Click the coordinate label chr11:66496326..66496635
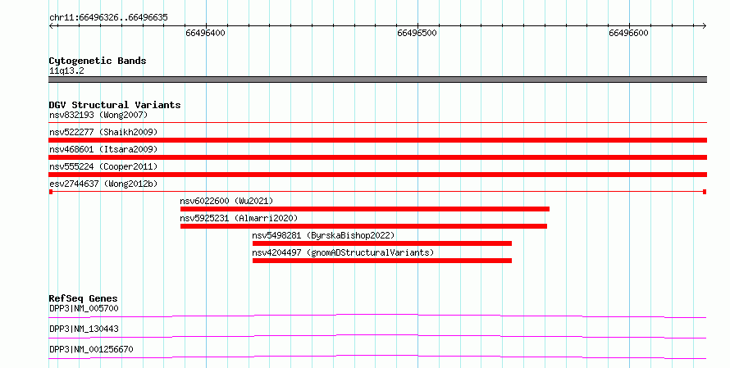coord(108,18)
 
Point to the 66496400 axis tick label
coord(205,33)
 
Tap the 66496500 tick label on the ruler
coord(417,33)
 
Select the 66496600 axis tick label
coord(628,33)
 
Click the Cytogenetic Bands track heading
coord(98,61)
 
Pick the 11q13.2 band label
coord(66,70)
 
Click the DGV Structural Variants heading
coord(115,105)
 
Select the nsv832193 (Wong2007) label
coord(98,115)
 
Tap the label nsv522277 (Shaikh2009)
coord(103,132)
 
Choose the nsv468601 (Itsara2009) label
coord(103,149)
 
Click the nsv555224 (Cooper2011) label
coord(103,166)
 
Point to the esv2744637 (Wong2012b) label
coord(103,184)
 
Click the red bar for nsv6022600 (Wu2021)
coord(365,209)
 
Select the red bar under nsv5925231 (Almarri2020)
coord(363,226)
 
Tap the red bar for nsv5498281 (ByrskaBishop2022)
coord(382,243)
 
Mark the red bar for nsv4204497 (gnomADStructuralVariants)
coord(382,261)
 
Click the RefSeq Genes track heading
coord(84,298)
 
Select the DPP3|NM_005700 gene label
coord(84,308)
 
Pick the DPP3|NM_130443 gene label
coord(84,329)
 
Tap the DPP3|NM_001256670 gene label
coord(91,349)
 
